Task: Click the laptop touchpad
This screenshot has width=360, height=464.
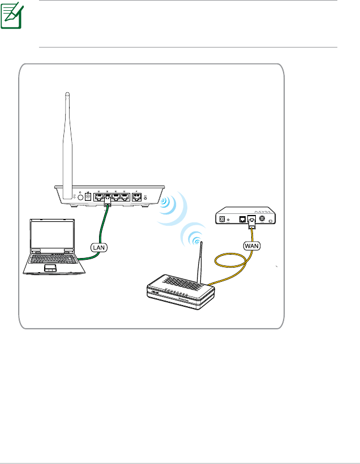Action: (x=50, y=267)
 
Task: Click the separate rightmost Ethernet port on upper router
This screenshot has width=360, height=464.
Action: (x=136, y=197)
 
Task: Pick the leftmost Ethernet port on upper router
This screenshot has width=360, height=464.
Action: (x=98, y=197)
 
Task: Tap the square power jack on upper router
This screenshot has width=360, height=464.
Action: (x=88, y=197)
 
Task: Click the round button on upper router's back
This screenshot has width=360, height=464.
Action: (x=79, y=197)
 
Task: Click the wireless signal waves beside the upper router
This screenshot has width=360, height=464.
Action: (x=170, y=205)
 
